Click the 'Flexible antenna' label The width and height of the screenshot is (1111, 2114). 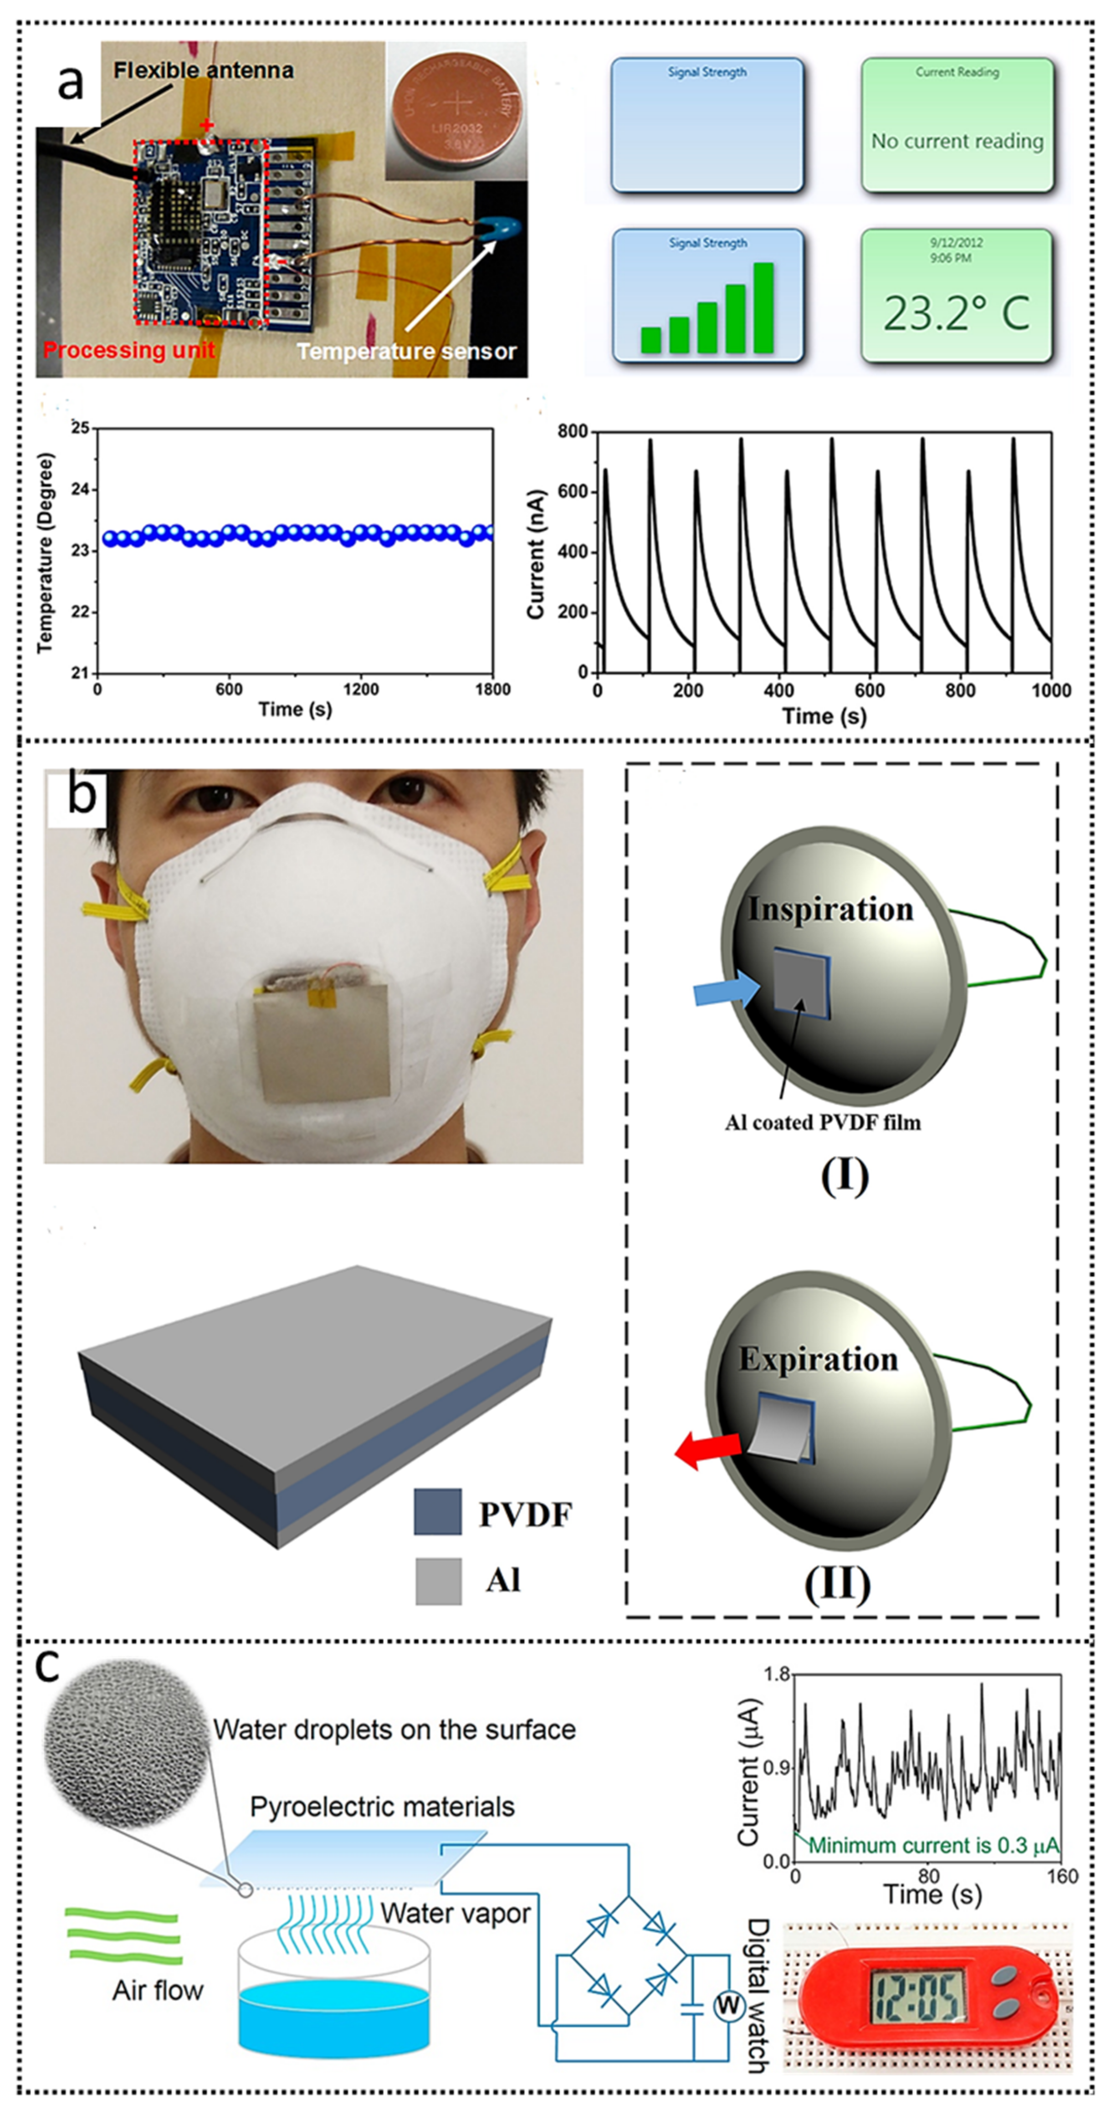pyautogui.click(x=204, y=71)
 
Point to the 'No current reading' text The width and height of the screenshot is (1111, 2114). pyautogui.click(x=957, y=141)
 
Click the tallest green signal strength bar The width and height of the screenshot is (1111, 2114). pyautogui.click(x=763, y=308)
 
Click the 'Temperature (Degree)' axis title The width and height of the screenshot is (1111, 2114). pyautogui.click(x=46, y=552)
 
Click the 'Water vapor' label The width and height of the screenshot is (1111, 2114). pyautogui.click(x=455, y=1913)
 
